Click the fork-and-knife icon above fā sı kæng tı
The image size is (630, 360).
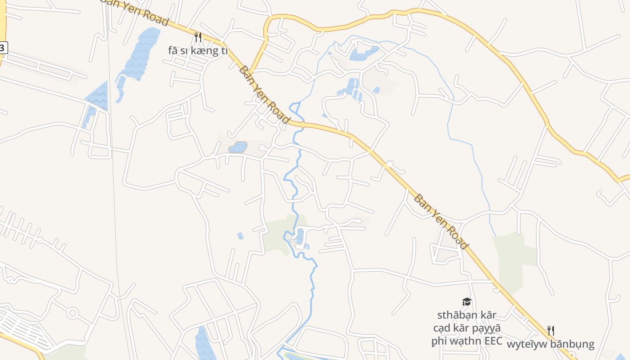pos(198,37)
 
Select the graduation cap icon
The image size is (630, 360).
pos(467,301)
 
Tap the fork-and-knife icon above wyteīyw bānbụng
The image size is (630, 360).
pos(550,331)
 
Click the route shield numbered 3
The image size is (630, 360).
pos(3,47)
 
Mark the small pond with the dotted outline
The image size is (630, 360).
pos(238,147)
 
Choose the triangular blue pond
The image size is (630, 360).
pos(98,96)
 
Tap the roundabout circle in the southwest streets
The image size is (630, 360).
pos(72,312)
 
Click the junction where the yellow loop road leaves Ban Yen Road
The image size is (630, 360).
pos(250,72)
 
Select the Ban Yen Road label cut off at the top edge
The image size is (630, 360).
pos(135,11)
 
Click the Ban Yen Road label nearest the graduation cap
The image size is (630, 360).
pos(441,222)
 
